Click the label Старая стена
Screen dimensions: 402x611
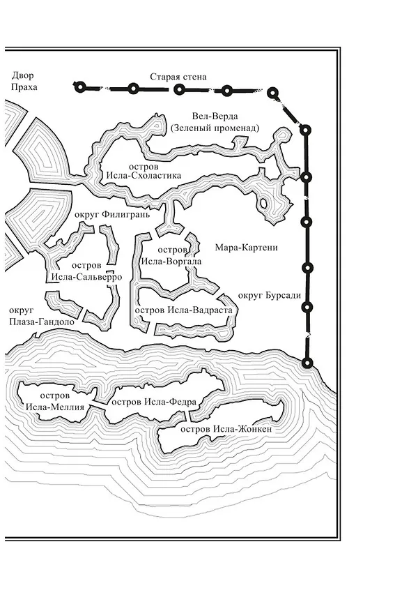click(178, 77)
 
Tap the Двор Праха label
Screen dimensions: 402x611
click(24, 81)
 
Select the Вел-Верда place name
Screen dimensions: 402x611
click(215, 116)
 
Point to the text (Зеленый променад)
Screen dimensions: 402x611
click(215, 128)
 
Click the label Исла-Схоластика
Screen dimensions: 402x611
click(144, 175)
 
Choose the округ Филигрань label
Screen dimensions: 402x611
click(111, 214)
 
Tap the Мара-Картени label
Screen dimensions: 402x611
click(247, 248)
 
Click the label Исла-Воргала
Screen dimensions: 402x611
click(171, 261)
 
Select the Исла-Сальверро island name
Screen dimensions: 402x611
click(87, 277)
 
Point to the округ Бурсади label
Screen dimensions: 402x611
click(270, 295)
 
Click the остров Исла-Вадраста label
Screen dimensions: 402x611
click(183, 310)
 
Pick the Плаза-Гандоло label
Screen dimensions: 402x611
click(42, 322)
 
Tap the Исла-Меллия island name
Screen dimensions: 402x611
click(55, 407)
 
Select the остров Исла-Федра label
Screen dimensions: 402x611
click(154, 402)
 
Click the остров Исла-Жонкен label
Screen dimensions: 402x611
click(226, 430)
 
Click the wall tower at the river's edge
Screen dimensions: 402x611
click(307, 363)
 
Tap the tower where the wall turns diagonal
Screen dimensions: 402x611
click(273, 93)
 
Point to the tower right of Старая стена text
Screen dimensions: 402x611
click(227, 91)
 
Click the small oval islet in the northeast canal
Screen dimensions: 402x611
click(263, 204)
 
